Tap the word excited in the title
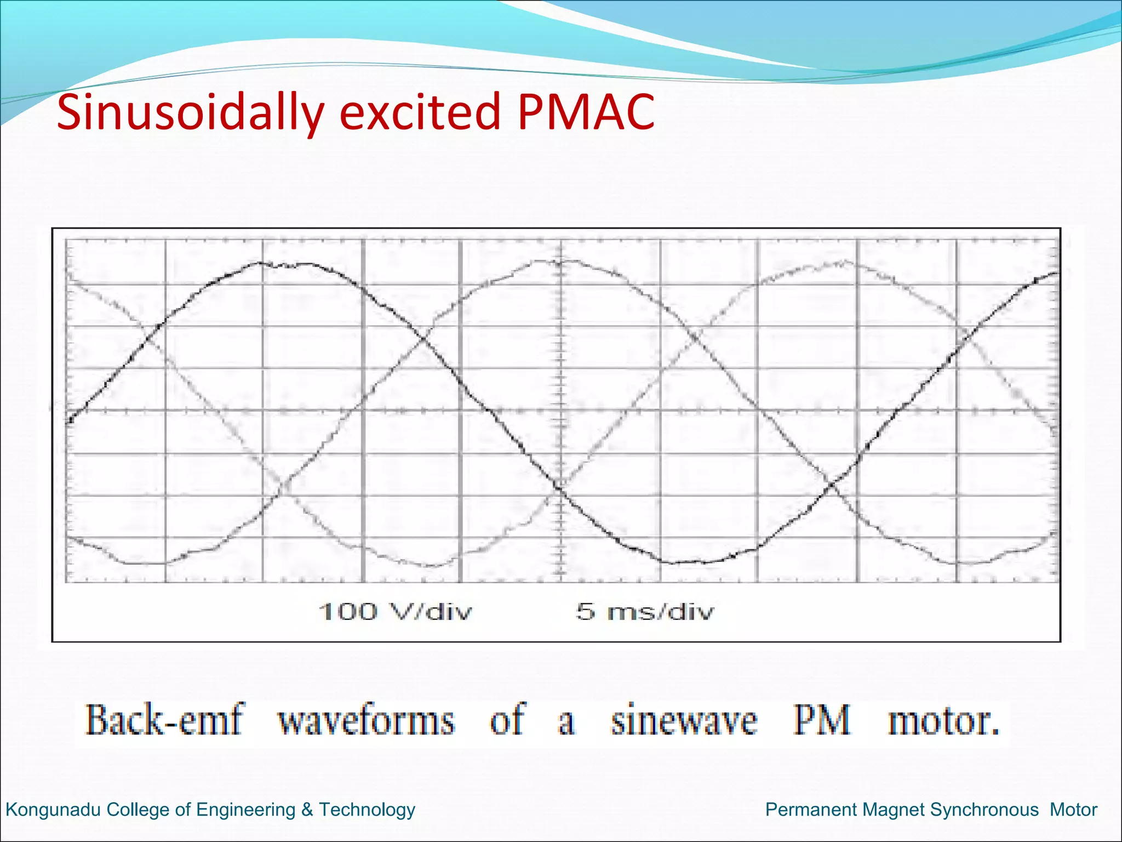420,112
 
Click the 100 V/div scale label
394,611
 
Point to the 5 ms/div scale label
645,611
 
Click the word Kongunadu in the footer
53,810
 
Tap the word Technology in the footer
367,810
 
